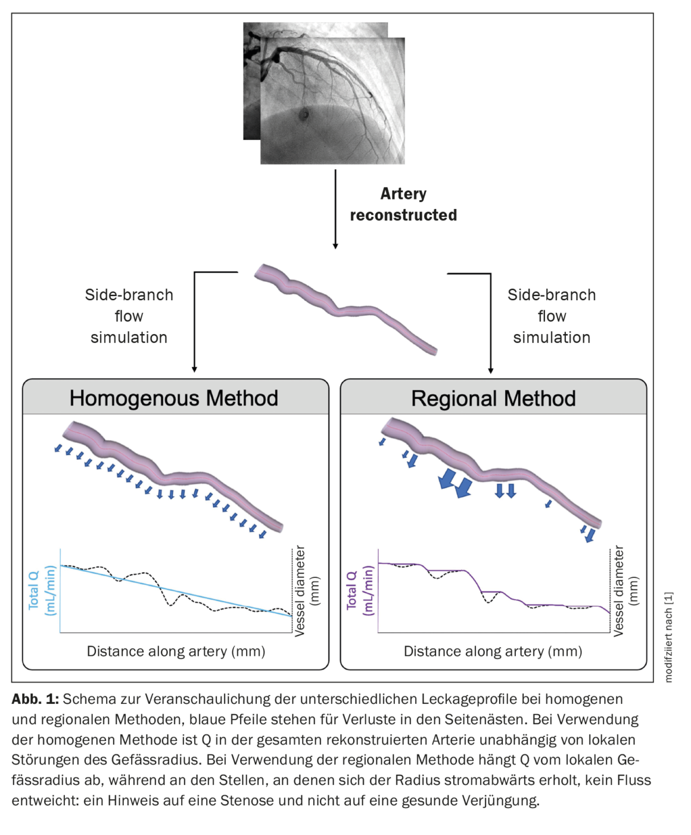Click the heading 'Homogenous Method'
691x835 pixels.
173,398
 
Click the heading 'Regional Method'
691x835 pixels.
493,398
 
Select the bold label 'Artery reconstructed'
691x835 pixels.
403,204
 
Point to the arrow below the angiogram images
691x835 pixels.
335,208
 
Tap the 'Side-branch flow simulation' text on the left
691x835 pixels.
129,316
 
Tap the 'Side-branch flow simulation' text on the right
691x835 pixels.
552,316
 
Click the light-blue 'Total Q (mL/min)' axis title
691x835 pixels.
42,590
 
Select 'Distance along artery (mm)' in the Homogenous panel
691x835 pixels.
176,651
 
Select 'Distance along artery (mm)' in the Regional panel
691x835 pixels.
493,651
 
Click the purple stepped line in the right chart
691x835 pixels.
453,571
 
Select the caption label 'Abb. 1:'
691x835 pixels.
35,699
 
